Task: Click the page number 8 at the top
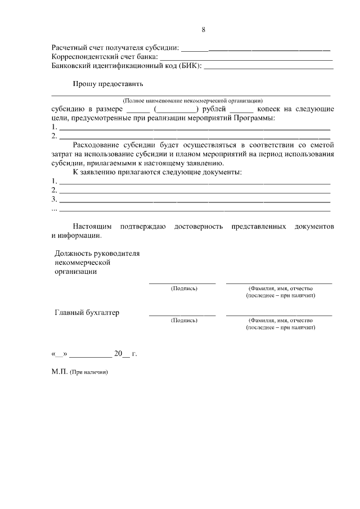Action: [x=203, y=30]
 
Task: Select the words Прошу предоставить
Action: [x=107, y=84]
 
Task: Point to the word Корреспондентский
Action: [x=83, y=57]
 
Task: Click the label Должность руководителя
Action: [x=97, y=253]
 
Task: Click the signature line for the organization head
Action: [x=182, y=283]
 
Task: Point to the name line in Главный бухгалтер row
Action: [x=279, y=314]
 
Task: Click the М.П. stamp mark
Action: [x=59, y=372]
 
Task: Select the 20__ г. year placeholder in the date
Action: [x=125, y=354]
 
